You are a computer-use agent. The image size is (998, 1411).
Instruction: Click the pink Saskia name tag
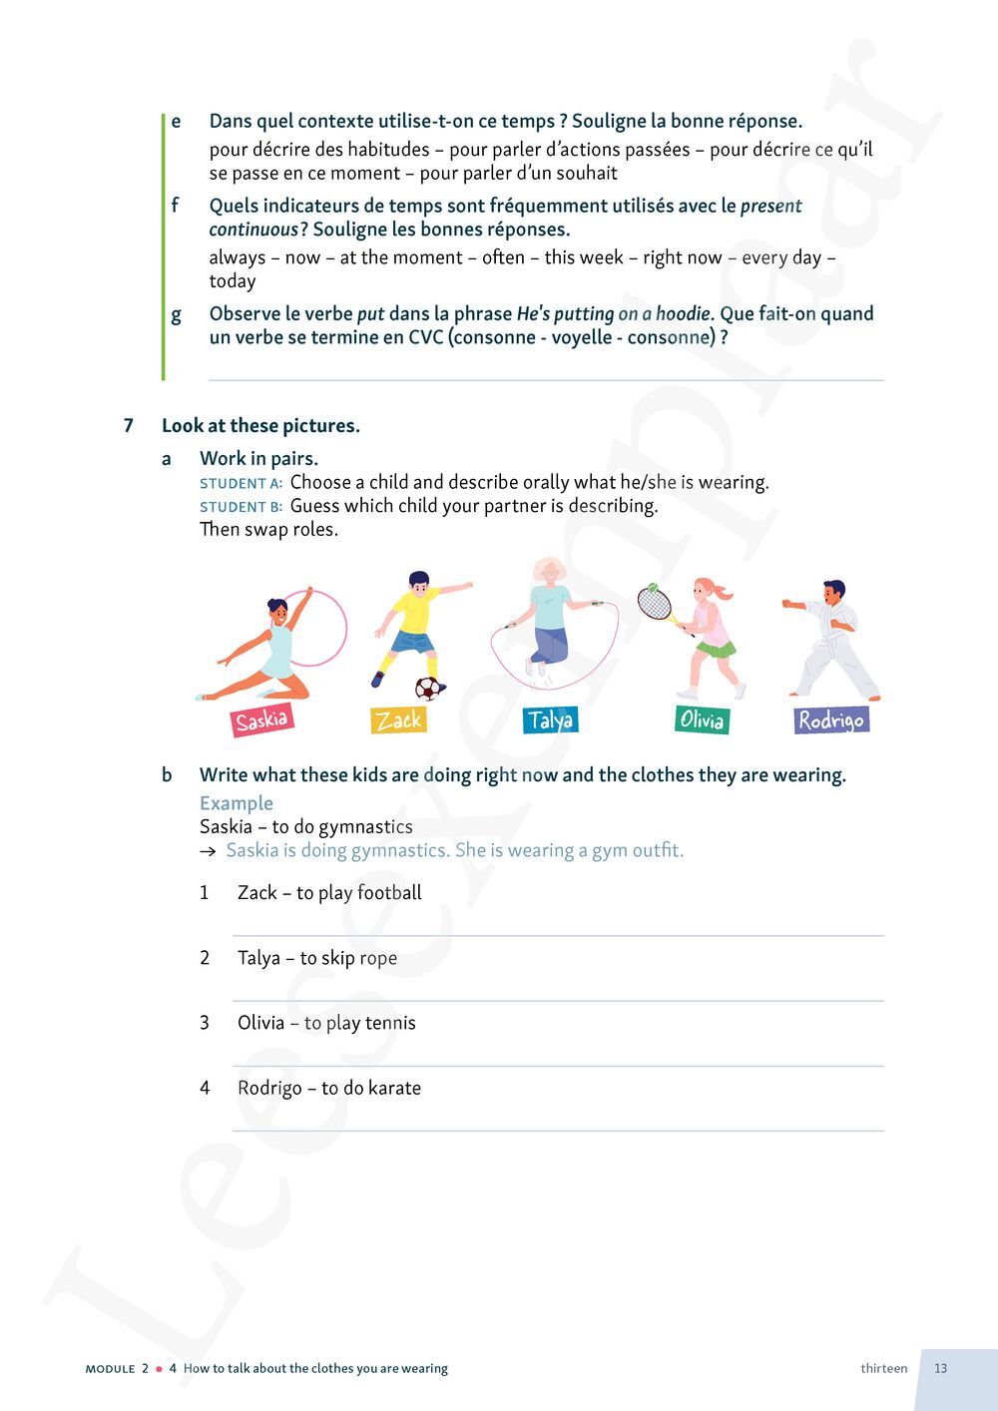[261, 720]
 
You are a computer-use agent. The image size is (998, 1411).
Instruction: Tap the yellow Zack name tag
[399, 719]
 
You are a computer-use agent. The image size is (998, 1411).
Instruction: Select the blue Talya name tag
[550, 719]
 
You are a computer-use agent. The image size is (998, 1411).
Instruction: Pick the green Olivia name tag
[701, 719]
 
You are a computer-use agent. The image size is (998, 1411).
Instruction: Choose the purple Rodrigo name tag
[830, 719]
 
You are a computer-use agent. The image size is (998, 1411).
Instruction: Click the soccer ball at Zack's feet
[428, 688]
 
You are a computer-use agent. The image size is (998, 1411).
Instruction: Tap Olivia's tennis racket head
[654, 603]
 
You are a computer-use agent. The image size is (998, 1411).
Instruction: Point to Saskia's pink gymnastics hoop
[319, 627]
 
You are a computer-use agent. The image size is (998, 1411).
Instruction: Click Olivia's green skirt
[716, 650]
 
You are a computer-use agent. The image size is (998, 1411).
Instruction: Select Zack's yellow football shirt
[416, 614]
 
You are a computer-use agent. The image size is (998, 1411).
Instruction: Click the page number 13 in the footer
[941, 1368]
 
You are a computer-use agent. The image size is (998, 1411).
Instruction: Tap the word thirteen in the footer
[884, 1368]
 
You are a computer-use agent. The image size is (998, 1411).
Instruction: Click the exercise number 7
[128, 426]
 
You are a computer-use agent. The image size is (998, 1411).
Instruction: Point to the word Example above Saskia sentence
[237, 803]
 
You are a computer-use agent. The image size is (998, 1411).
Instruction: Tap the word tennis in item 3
[390, 1023]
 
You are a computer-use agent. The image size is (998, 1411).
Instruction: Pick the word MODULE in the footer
[110, 1369]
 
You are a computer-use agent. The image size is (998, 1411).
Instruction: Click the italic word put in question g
[370, 314]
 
